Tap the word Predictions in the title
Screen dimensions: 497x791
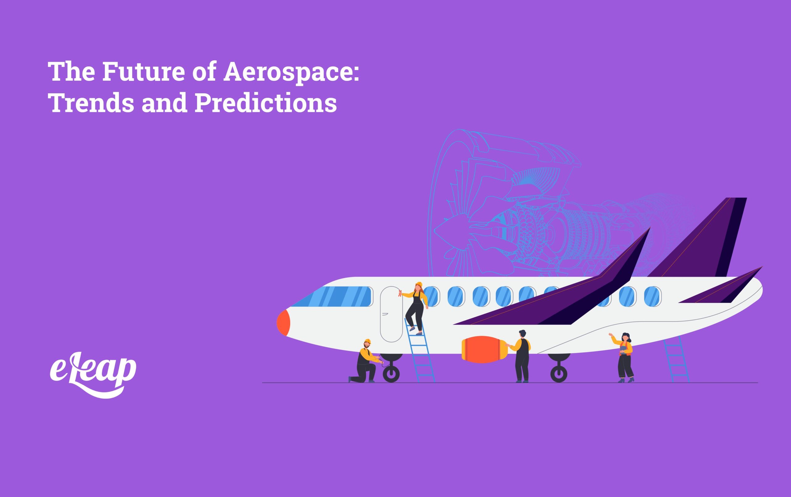[x=266, y=103]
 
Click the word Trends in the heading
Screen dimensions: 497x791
[x=92, y=103]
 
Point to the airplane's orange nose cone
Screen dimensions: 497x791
[x=283, y=322]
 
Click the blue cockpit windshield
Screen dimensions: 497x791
[x=332, y=296]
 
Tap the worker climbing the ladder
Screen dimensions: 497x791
[x=416, y=307]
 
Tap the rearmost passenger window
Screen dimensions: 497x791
[x=652, y=296]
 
